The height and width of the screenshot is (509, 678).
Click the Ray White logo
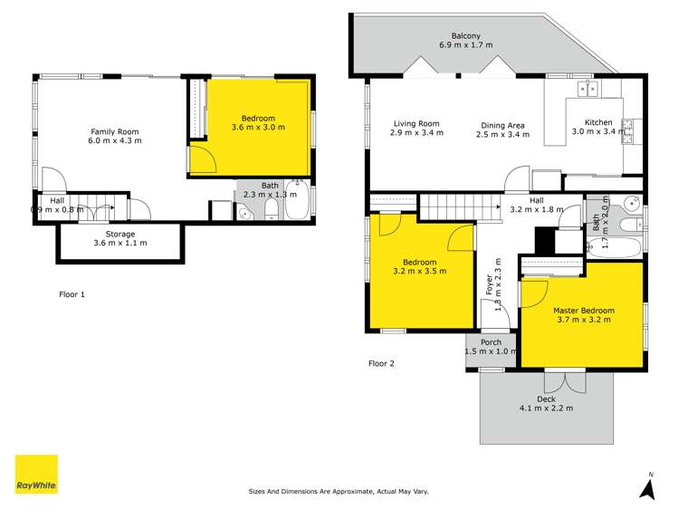[x=36, y=475]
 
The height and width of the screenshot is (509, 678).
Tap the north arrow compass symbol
[x=647, y=489]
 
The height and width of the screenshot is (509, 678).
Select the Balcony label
[x=465, y=36]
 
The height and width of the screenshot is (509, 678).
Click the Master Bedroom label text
[x=584, y=311]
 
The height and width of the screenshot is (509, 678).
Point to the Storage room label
[x=120, y=234]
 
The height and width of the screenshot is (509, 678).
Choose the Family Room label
[x=115, y=131]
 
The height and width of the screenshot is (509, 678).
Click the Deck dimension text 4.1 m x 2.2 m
[x=546, y=408]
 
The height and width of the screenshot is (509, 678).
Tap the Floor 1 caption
[x=72, y=294]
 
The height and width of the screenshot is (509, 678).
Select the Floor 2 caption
[x=381, y=364]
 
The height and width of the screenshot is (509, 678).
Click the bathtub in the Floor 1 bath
[x=297, y=199]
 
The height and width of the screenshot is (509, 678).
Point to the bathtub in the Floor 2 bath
[x=614, y=248]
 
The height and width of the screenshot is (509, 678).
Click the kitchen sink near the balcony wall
[x=587, y=89]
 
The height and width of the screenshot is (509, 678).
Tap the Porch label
[x=492, y=342]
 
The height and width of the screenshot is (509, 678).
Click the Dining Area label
[x=502, y=125]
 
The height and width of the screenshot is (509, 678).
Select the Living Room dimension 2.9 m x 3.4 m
[x=416, y=132]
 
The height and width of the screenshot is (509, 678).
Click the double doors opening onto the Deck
[x=565, y=381]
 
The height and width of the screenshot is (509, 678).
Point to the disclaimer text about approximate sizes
[x=339, y=491]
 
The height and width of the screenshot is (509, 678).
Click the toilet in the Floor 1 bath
[x=272, y=210]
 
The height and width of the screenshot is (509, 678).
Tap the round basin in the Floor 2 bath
[x=634, y=202]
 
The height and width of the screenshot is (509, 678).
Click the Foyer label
[x=489, y=284]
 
